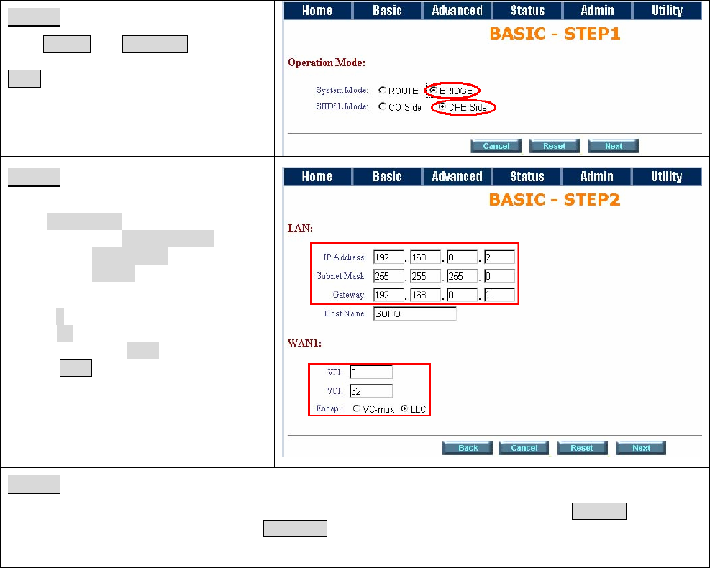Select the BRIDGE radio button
point(433,91)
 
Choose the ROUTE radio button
point(383,91)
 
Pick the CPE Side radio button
point(442,107)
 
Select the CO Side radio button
point(383,107)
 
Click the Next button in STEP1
point(613,146)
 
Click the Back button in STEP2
point(468,448)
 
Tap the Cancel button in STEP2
point(524,448)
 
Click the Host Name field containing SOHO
point(415,313)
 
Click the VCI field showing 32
point(371,391)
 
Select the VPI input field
point(371,372)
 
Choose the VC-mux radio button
point(357,408)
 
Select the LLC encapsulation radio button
point(405,408)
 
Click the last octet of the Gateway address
point(499,295)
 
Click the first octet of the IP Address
point(388,257)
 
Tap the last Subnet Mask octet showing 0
point(499,276)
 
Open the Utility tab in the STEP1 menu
point(667,10)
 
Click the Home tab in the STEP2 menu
point(317,176)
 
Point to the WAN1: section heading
point(305,343)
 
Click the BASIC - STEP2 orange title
point(555,200)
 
